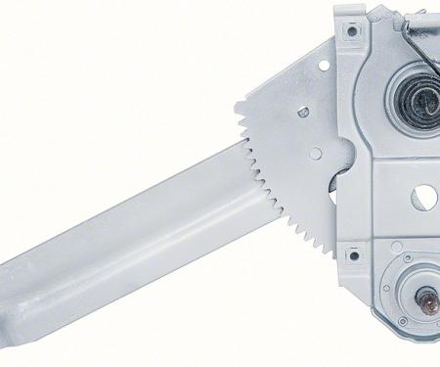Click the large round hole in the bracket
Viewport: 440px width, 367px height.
(x=424, y=197)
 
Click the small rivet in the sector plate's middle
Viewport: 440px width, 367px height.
(x=303, y=113)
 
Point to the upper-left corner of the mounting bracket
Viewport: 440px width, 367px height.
(x=337, y=10)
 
